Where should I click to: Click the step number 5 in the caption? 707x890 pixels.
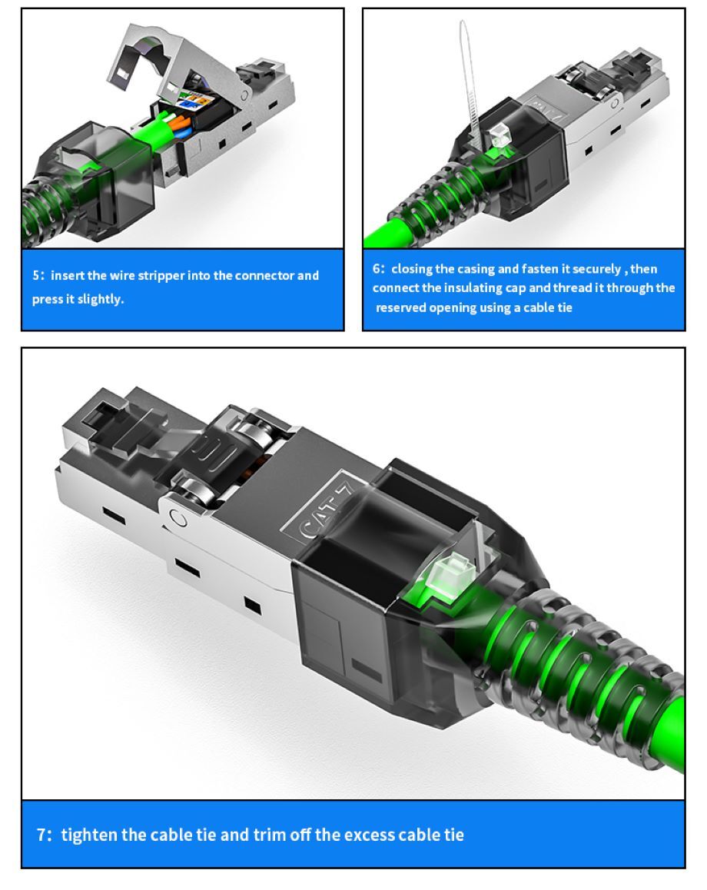36,276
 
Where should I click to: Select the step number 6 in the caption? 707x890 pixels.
377,269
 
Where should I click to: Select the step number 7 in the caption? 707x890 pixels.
42,835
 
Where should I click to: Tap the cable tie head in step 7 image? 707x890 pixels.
450,574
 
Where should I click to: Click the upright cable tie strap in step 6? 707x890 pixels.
467,79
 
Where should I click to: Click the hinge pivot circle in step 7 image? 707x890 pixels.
179,518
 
